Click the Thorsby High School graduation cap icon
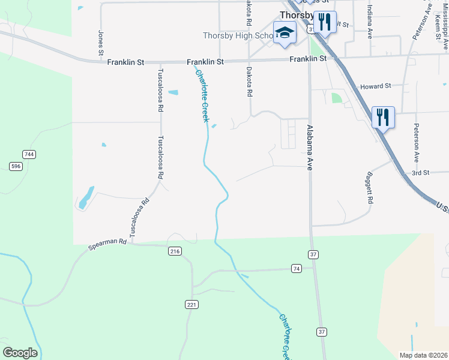click(x=285, y=33)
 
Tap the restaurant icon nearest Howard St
click(x=382, y=116)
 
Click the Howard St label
click(x=375, y=86)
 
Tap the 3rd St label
click(x=420, y=173)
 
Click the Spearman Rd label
click(x=107, y=242)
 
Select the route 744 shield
click(x=29, y=154)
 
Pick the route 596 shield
click(x=16, y=166)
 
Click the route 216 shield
click(x=175, y=251)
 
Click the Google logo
click(x=20, y=353)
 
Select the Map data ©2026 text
click(x=423, y=355)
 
